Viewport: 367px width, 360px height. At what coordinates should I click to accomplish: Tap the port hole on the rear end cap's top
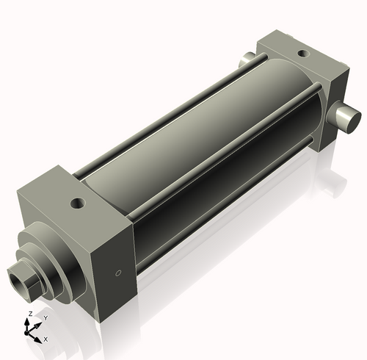pos(300,52)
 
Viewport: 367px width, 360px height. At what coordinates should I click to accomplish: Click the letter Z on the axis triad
pos(29,314)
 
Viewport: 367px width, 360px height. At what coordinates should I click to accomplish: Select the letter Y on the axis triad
pos(46,317)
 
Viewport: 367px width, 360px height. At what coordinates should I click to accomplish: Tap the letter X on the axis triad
pos(46,339)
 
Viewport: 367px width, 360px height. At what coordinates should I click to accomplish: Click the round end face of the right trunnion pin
pos(352,117)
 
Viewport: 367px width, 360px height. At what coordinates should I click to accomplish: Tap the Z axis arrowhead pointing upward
pos(30,321)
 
